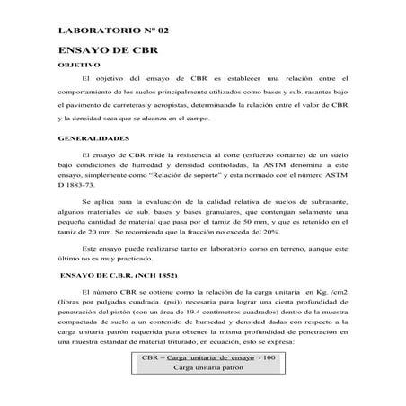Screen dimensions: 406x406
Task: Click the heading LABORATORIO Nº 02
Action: (x=112, y=31)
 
